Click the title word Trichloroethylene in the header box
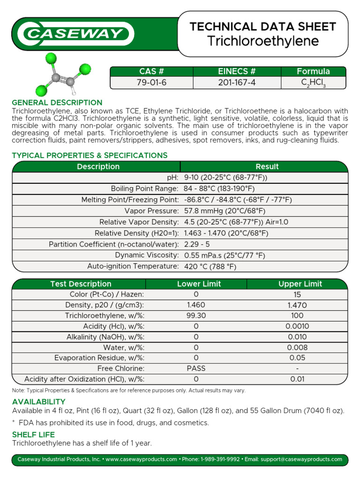(x=263, y=41)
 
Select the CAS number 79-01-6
(x=151, y=82)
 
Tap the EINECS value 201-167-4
(x=237, y=82)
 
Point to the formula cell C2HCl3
(x=313, y=83)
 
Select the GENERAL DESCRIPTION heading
(x=57, y=103)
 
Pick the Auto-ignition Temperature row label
(x=133, y=266)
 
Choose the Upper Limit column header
(x=300, y=284)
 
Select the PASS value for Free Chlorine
(x=196, y=368)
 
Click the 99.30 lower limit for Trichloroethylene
(x=196, y=315)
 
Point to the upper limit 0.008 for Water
(x=297, y=347)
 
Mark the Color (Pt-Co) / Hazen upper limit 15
(x=297, y=294)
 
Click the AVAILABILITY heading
(x=38, y=402)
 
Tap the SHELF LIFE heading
(x=33, y=435)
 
